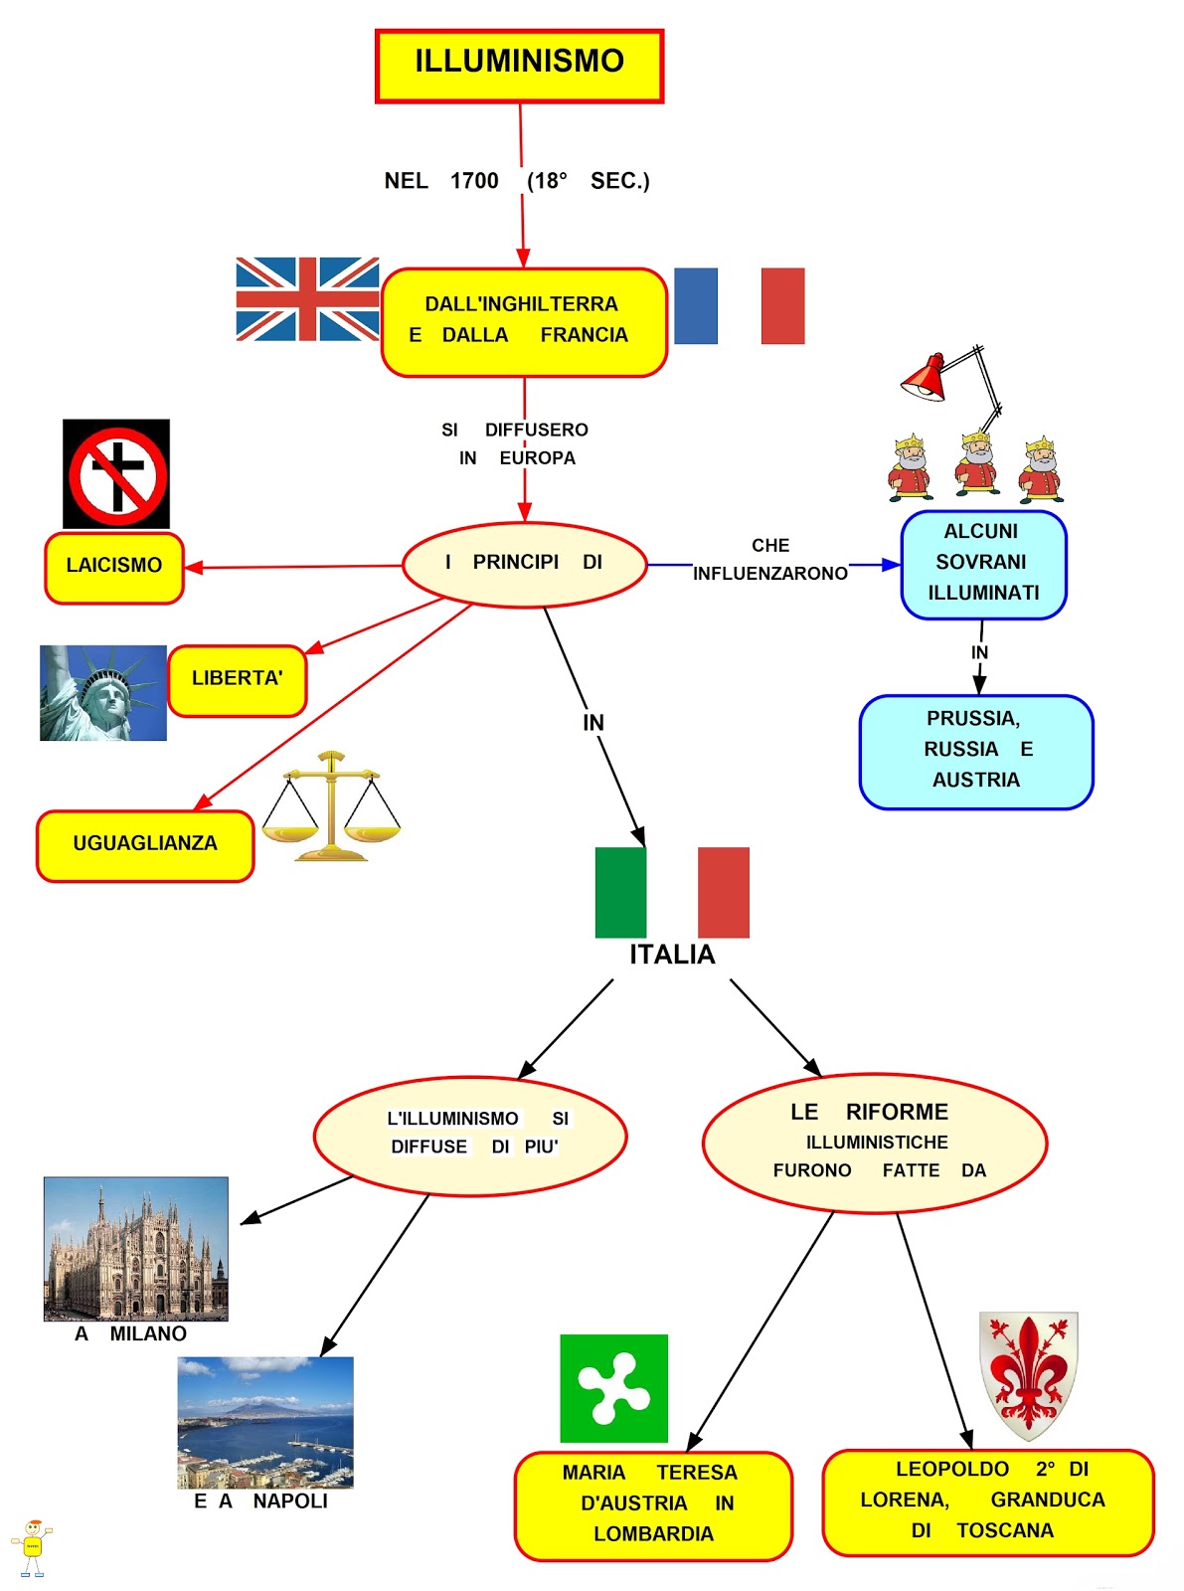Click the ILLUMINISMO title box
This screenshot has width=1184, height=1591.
click(x=519, y=66)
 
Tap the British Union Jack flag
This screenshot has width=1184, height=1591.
click(x=307, y=299)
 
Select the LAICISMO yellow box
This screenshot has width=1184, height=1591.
click(x=114, y=567)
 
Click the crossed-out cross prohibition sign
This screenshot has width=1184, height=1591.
click(x=116, y=474)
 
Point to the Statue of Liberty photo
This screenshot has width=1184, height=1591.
click(x=103, y=693)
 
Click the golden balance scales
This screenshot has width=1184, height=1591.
click(x=332, y=806)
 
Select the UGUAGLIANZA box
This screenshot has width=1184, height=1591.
click(x=145, y=845)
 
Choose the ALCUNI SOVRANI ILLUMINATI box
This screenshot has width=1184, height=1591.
click(x=982, y=564)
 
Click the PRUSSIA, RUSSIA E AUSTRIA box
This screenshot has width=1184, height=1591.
click(x=975, y=751)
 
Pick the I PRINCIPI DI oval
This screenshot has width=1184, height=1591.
click(x=524, y=564)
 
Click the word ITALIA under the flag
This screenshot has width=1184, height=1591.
click(x=672, y=955)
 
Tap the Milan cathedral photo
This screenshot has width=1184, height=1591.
click(x=136, y=1249)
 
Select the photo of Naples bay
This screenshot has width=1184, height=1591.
click(x=265, y=1422)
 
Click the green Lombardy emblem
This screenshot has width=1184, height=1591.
click(x=613, y=1388)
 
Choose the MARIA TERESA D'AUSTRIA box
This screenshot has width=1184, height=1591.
click(x=652, y=1504)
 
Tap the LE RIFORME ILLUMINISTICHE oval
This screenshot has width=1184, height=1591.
click(x=874, y=1143)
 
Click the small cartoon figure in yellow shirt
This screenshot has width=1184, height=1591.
click(x=32, y=1547)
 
